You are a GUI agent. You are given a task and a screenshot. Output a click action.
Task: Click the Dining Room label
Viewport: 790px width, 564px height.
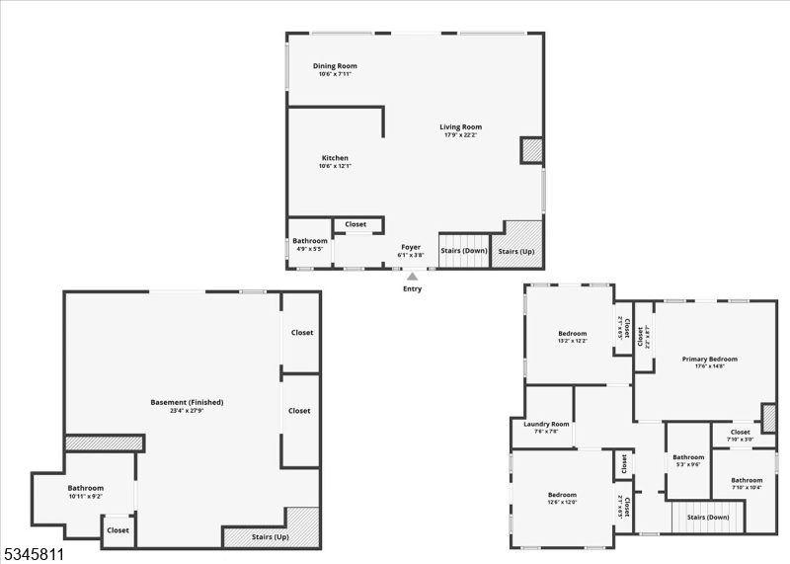[335, 66]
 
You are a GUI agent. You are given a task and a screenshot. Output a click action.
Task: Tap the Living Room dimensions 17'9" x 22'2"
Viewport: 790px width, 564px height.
[460, 134]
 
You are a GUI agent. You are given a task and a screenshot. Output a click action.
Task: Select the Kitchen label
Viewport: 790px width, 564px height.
[335, 158]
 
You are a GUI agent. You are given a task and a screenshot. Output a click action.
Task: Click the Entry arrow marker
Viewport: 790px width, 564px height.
[412, 278]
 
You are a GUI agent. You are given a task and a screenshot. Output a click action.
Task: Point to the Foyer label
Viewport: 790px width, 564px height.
[411, 247]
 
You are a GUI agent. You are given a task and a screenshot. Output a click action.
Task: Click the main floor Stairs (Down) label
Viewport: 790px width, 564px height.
[464, 251]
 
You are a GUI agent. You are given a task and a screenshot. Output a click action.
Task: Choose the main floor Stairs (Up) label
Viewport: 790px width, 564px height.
[516, 252]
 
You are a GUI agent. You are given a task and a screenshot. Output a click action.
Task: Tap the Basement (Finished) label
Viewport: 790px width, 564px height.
[187, 402]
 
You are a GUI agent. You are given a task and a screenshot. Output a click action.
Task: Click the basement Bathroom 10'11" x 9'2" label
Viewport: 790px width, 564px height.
[86, 488]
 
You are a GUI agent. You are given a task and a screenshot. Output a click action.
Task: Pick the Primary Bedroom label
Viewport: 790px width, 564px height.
[709, 360]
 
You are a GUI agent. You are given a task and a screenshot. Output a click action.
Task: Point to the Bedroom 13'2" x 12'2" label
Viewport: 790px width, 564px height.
[572, 334]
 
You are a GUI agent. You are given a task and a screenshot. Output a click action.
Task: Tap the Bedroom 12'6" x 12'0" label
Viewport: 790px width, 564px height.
[562, 495]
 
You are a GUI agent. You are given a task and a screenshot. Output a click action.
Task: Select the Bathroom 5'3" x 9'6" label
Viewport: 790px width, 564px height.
[688, 457]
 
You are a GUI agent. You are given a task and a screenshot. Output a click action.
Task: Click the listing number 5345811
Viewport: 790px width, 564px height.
[34, 555]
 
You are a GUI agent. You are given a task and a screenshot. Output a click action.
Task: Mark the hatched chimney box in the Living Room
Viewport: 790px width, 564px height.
[531, 150]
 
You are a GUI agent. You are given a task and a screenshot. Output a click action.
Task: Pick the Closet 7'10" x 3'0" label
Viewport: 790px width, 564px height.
[740, 433]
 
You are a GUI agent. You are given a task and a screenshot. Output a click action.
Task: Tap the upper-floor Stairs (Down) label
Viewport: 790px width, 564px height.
[708, 517]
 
